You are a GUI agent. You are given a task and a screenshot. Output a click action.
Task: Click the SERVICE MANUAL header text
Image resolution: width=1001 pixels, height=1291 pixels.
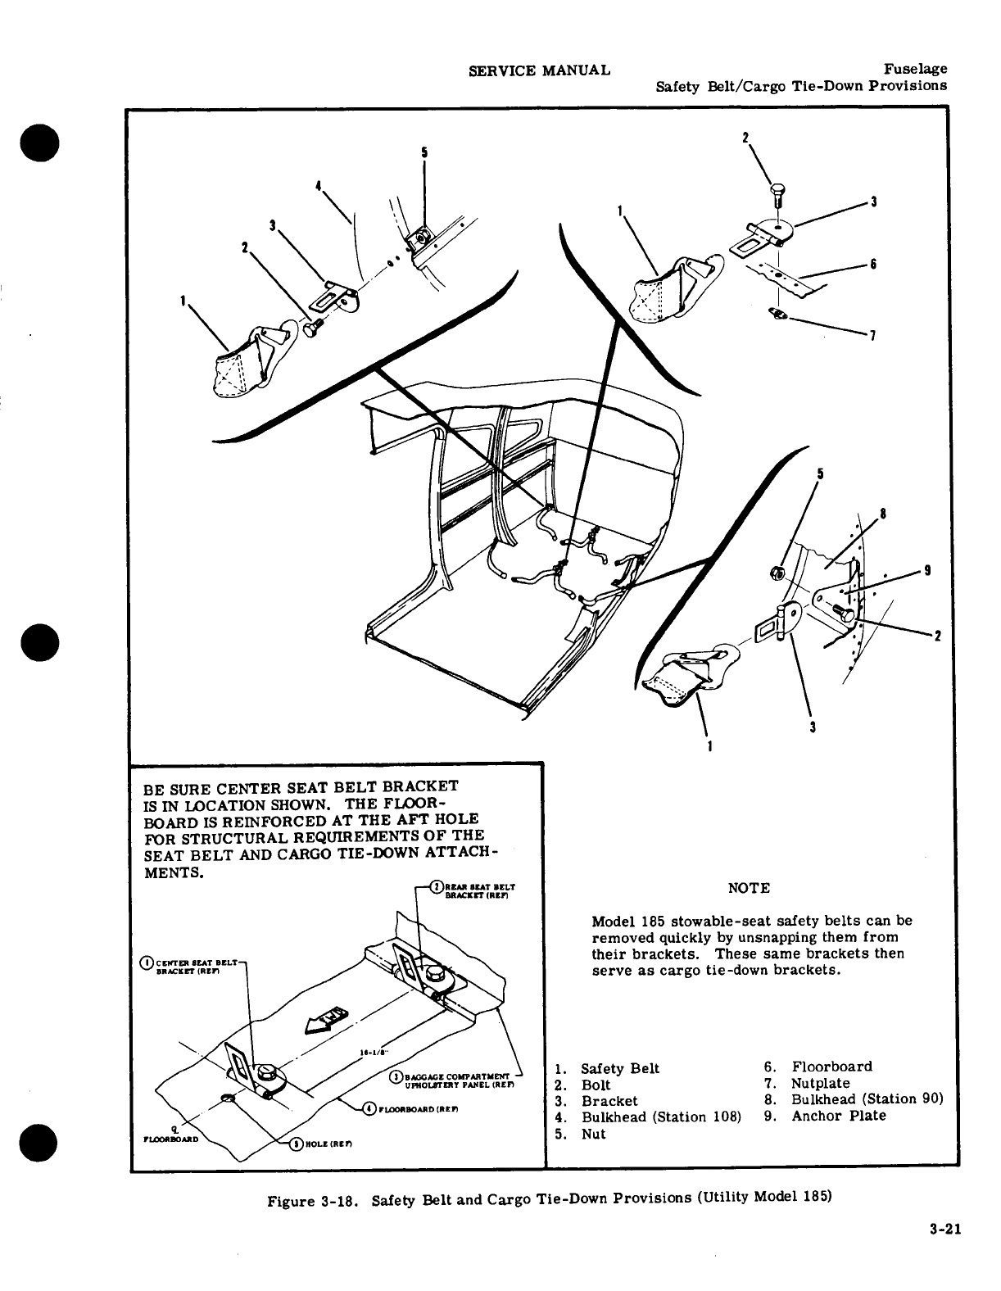click(x=539, y=70)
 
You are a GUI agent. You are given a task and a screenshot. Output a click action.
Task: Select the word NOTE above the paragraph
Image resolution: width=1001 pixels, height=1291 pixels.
click(x=749, y=889)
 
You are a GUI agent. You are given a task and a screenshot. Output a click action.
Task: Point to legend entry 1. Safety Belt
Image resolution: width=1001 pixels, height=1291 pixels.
click(x=607, y=1068)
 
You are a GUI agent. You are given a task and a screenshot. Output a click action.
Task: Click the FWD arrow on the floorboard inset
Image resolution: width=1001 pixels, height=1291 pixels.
click(x=326, y=1021)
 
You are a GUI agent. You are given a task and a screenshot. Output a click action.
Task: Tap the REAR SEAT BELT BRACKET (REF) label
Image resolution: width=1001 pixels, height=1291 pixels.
click(x=475, y=890)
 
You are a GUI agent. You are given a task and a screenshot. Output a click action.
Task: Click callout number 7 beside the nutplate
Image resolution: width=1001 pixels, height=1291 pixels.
click(x=873, y=335)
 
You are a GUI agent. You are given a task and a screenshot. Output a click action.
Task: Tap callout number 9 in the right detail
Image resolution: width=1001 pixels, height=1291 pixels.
click(x=926, y=572)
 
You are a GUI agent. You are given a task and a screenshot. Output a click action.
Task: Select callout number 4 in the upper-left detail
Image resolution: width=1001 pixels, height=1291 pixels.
click(x=317, y=185)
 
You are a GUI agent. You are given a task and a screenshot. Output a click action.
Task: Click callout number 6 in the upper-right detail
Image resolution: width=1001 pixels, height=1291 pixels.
click(x=874, y=264)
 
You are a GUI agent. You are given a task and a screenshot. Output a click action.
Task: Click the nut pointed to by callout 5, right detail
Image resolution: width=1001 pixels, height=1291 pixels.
click(x=777, y=571)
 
